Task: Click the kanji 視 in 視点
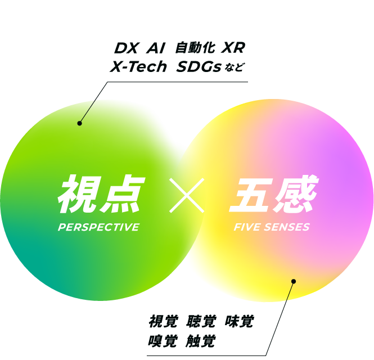[x=78, y=195]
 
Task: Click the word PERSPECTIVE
[x=98, y=227]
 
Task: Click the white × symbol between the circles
[x=187, y=195]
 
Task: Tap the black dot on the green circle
[x=80, y=123]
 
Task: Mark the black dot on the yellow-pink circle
[x=294, y=281]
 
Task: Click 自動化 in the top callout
[x=191, y=49]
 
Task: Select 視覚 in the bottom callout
[x=163, y=322]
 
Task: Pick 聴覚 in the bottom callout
[x=200, y=322]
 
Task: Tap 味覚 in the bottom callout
[x=239, y=322]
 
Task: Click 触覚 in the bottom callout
[x=200, y=341]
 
